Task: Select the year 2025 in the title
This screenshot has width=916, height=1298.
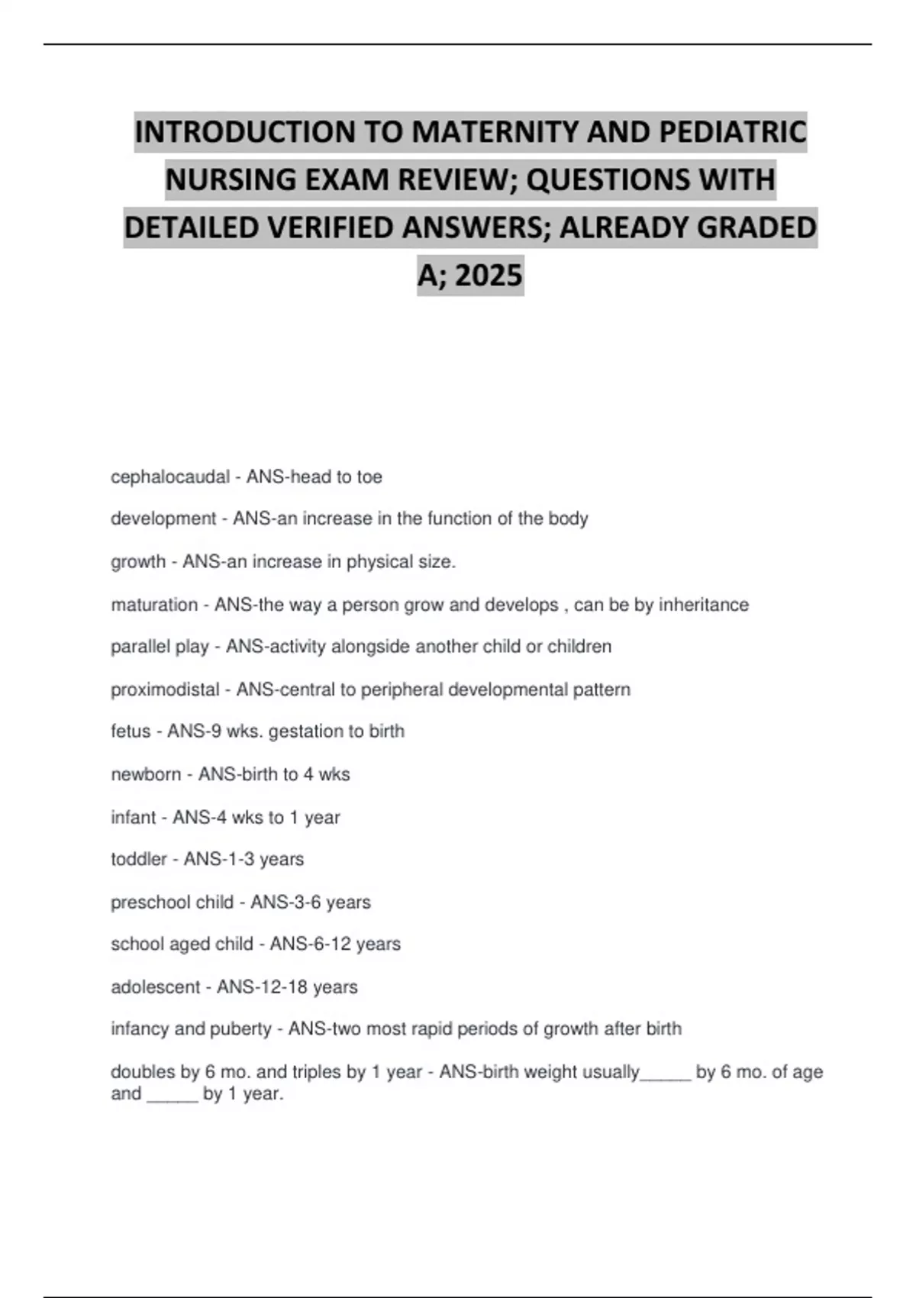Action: point(489,275)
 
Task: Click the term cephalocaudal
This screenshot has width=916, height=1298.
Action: point(169,477)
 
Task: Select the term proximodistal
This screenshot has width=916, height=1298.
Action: point(165,689)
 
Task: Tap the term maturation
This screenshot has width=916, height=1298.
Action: point(153,605)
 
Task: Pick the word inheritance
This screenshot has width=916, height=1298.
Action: point(703,605)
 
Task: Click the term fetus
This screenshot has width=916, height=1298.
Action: point(131,731)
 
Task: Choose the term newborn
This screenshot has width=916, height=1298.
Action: point(146,774)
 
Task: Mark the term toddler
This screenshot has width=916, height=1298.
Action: point(138,859)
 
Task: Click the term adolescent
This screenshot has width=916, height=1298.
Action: point(156,986)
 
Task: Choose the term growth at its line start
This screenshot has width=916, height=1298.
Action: point(138,562)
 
